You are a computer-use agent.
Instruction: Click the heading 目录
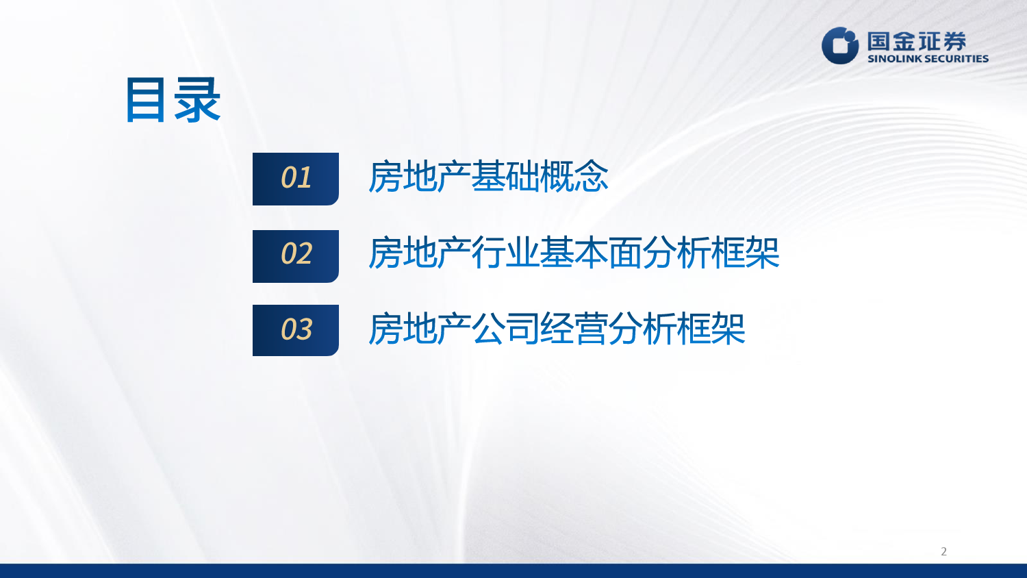pos(173,99)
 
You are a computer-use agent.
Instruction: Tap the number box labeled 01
pos(296,179)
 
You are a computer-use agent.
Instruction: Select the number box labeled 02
pos(296,256)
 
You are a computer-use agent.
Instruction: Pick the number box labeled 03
pos(296,330)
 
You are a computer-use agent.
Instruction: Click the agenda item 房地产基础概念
pos(488,177)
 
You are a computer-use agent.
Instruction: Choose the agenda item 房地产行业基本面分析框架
pos(574,253)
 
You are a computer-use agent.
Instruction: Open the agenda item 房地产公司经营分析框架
pos(557,329)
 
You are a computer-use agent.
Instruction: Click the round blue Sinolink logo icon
pos(840,45)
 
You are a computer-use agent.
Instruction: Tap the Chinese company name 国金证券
pos(917,41)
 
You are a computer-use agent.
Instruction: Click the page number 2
pos(943,551)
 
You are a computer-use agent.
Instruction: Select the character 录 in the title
pos(198,99)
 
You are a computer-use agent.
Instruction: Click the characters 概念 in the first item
pos(574,177)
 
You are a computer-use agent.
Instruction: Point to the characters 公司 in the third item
pos(506,329)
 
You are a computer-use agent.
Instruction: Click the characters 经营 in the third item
pos(574,329)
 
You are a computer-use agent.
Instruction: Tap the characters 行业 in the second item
pos(506,253)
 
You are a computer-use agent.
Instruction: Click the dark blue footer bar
pos(513,570)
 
